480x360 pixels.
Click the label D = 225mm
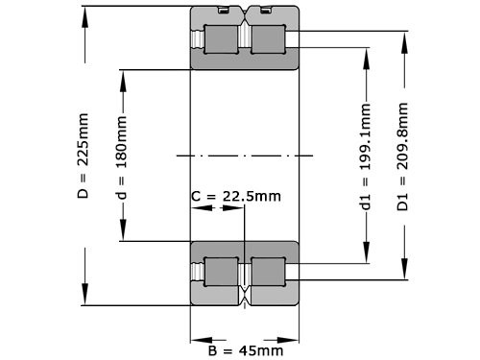click(x=83, y=157)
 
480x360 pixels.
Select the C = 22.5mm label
click(x=236, y=197)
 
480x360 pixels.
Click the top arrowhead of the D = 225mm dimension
click(x=86, y=12)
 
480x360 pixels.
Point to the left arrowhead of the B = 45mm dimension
click(x=196, y=338)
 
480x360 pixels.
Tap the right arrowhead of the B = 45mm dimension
click(x=292, y=338)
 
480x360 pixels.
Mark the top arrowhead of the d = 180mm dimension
click(x=122, y=76)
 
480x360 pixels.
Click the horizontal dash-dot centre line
click(x=244, y=155)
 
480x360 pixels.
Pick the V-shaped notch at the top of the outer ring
click(x=244, y=13)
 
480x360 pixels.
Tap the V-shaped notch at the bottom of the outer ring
click(x=244, y=298)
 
